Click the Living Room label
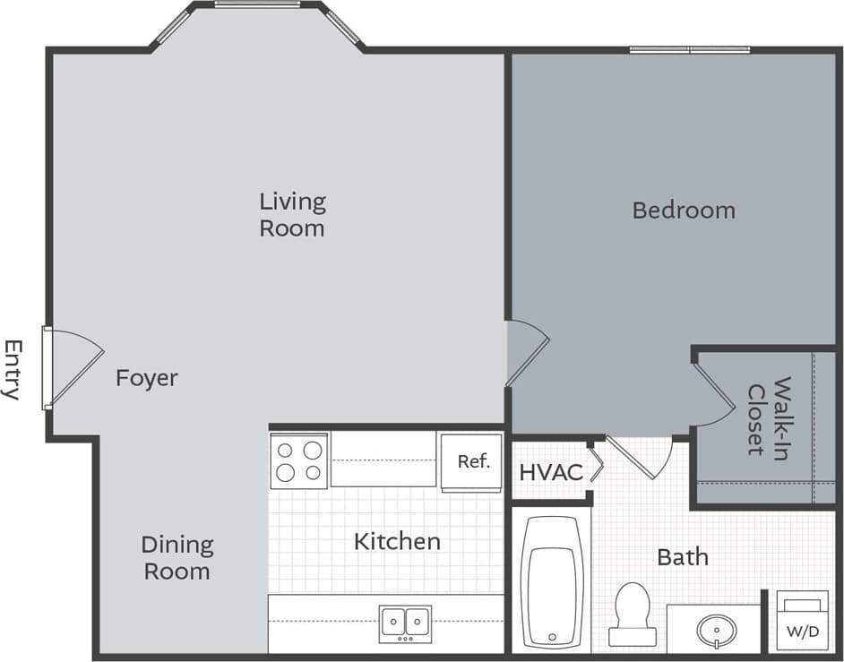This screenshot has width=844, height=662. (291, 214)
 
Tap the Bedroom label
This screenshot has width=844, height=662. (683, 211)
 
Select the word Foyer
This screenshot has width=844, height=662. (147, 378)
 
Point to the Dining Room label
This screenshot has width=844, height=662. (177, 557)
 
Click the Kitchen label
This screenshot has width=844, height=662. (397, 541)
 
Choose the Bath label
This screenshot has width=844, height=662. (683, 557)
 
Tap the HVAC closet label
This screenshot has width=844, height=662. (551, 472)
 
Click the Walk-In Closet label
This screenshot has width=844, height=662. (769, 416)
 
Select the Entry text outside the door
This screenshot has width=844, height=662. (13, 369)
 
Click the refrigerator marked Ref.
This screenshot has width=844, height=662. (472, 462)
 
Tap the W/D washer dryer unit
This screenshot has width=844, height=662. (803, 620)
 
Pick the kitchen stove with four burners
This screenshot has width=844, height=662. (299, 460)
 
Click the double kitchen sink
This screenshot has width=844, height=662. (405, 621)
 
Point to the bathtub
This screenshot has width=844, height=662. (552, 580)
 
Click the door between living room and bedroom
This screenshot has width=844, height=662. (527, 353)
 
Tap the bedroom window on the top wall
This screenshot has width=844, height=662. (689, 49)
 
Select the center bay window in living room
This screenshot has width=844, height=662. (257, 4)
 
